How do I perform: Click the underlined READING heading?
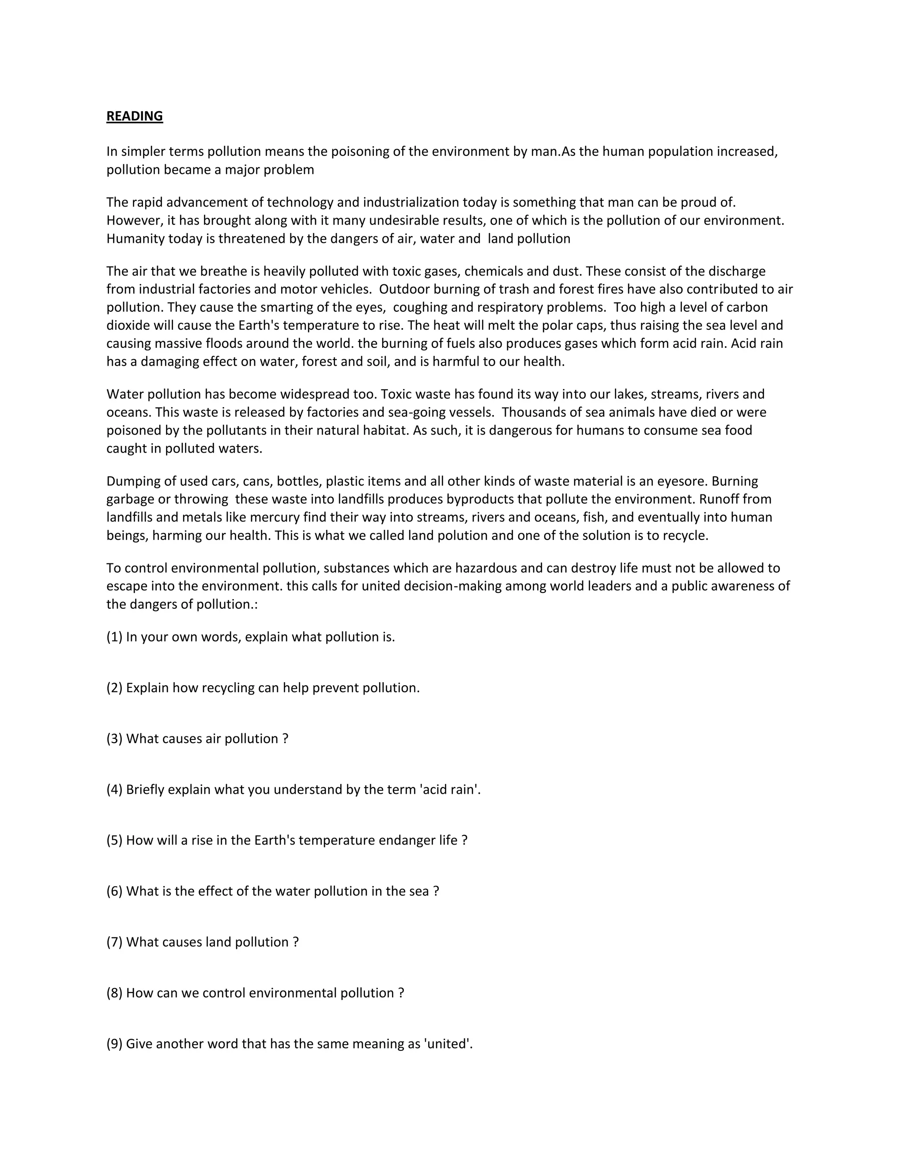[135, 116]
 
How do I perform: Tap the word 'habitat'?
[387, 431]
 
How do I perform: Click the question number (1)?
[115, 638]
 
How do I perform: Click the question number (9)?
[115, 1044]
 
